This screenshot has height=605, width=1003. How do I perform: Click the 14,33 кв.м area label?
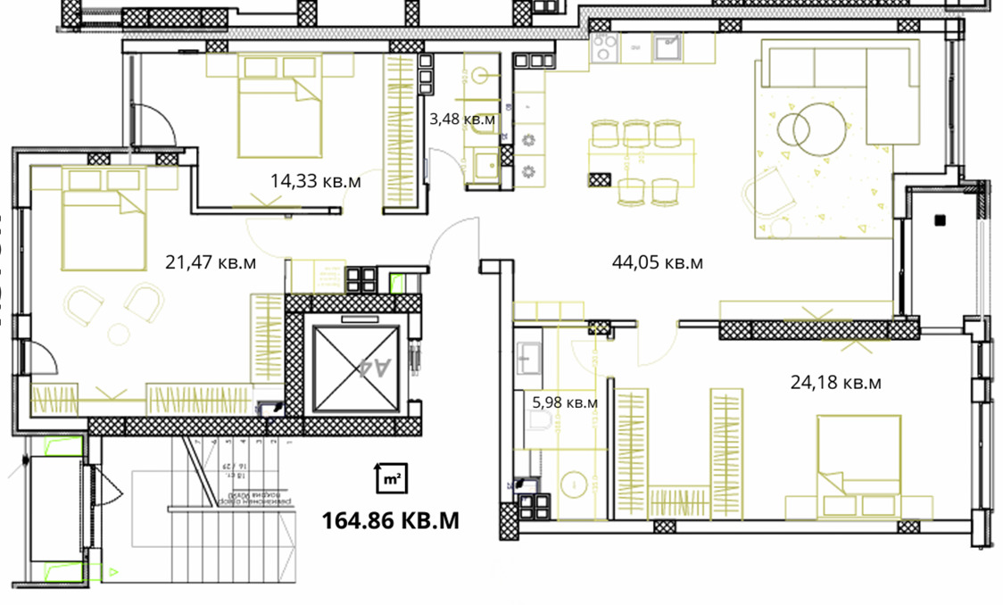(x=315, y=181)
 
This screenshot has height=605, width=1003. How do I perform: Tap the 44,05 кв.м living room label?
(x=657, y=262)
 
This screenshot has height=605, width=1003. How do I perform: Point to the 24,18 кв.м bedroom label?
(x=835, y=383)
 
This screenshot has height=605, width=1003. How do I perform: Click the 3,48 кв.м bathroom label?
(x=462, y=118)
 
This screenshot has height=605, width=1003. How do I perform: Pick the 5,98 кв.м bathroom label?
(x=564, y=402)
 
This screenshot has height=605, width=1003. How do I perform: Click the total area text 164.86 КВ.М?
(x=390, y=519)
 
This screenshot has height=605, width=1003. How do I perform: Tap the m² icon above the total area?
(x=390, y=479)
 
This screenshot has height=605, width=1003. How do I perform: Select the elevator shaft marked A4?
(x=355, y=367)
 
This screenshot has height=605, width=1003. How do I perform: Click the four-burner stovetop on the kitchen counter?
(x=605, y=49)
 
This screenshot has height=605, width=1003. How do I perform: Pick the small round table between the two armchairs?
(x=118, y=334)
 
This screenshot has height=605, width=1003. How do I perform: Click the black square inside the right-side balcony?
(x=939, y=219)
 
